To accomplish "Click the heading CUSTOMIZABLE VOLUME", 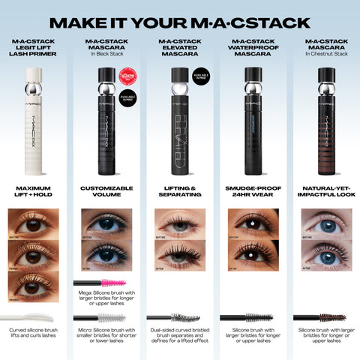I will point(106,191).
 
